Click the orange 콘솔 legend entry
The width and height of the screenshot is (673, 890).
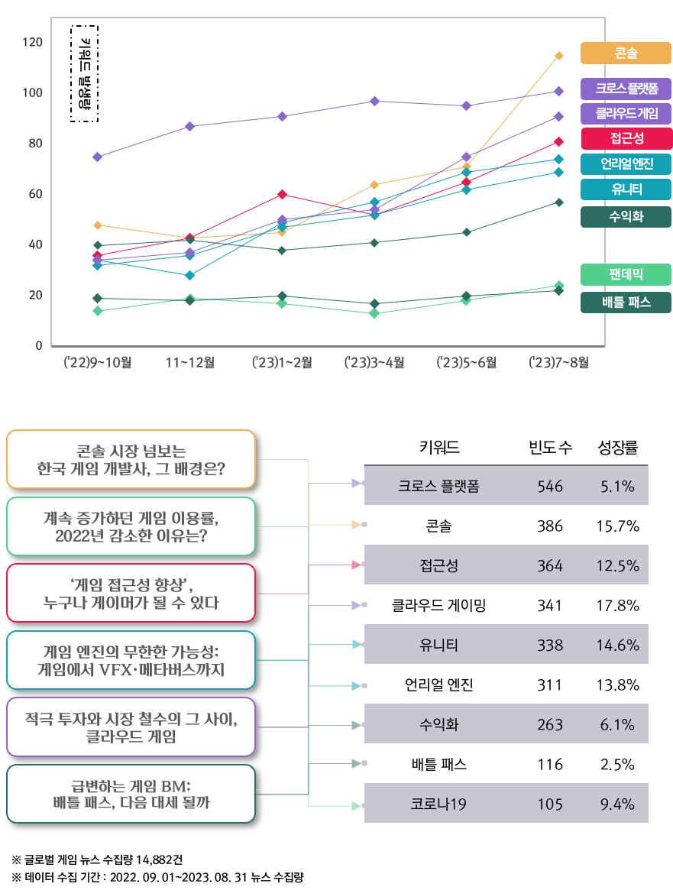[626, 53]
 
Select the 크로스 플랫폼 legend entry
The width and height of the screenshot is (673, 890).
[626, 89]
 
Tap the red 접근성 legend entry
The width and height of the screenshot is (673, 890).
[626, 138]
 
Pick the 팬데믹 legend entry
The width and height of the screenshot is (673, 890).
[626, 274]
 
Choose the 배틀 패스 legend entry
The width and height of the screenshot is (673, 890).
[626, 302]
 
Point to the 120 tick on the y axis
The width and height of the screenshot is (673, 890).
[33, 42]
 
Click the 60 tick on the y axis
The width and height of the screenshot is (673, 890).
[33, 194]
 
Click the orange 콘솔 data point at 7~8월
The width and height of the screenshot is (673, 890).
[559, 56]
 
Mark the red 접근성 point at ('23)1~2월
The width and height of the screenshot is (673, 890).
[282, 195]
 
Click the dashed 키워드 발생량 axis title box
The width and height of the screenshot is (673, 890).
[85, 73]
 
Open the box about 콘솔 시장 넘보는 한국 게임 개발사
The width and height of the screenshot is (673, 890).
[131, 459]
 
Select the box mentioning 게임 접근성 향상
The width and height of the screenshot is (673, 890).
[131, 594]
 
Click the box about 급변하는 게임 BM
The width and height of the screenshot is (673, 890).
[131, 794]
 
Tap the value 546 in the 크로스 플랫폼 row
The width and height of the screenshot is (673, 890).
[549, 486]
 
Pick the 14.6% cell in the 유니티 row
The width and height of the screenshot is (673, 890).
[617, 645]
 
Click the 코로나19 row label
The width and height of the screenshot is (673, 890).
[438, 804]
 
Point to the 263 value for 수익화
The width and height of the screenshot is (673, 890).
[549, 724]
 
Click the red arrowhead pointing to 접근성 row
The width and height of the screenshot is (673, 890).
[355, 565]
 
